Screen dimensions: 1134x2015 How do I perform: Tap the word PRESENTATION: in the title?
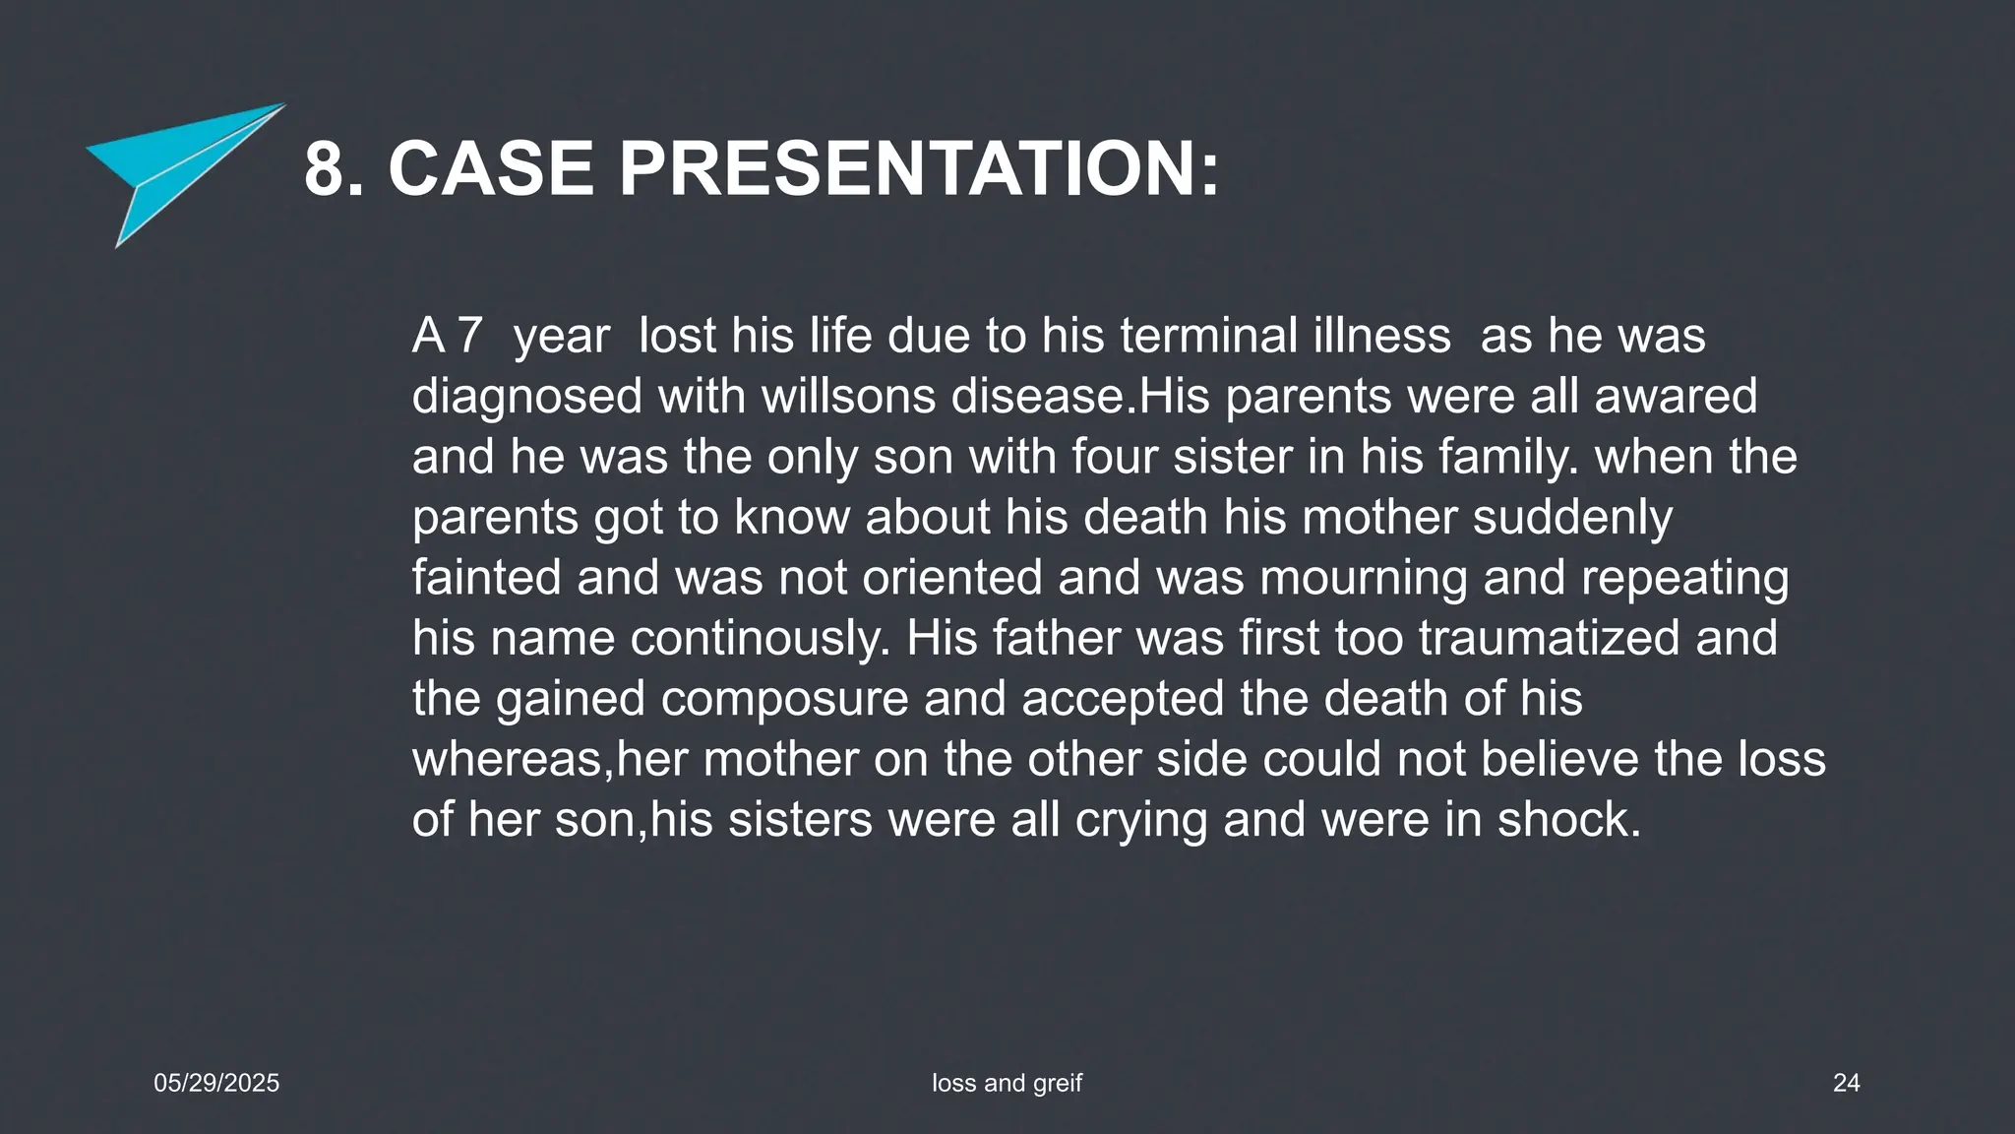coord(919,169)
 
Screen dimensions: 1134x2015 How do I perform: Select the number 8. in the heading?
coord(335,169)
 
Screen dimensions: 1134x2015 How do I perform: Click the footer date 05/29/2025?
coord(216,1083)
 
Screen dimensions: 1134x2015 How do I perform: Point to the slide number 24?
coord(1846,1083)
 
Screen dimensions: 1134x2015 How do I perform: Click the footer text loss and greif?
coord(1007,1083)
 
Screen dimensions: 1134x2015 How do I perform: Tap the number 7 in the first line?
coord(469,336)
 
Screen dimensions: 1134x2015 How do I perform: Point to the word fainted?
coord(486,578)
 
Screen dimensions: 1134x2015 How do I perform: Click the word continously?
coord(760,639)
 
